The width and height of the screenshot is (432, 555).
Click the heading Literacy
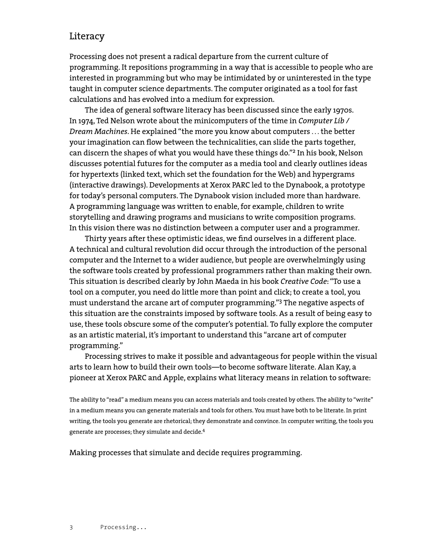pyautogui.click(x=87, y=36)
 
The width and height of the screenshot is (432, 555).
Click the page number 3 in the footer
pyautogui.click(x=71, y=527)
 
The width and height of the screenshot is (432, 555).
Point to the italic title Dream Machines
pyautogui.click(x=98, y=132)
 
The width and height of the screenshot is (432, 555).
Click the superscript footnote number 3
pyautogui.click(x=281, y=302)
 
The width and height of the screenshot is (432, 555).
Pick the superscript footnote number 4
pyautogui.click(x=204, y=430)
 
